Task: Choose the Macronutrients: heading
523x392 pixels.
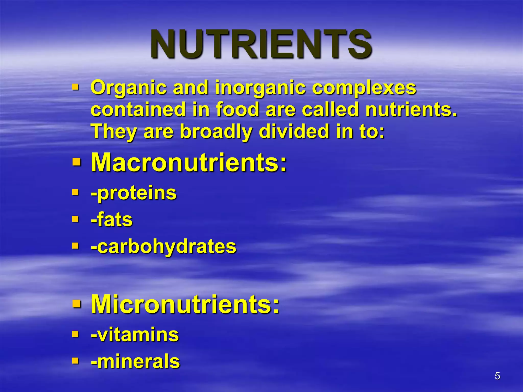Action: click(189, 163)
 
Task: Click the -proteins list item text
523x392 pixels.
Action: click(134, 193)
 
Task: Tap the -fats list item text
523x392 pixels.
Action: click(112, 220)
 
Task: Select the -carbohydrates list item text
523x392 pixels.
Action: click(163, 247)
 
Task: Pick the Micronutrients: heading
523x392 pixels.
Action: click(185, 304)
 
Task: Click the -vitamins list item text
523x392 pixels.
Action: click(135, 335)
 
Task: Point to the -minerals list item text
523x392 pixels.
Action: click(135, 361)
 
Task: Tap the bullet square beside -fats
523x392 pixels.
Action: click(75, 219)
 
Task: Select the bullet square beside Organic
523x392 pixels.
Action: click(75, 88)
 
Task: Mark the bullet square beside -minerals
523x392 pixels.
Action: click(75, 361)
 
